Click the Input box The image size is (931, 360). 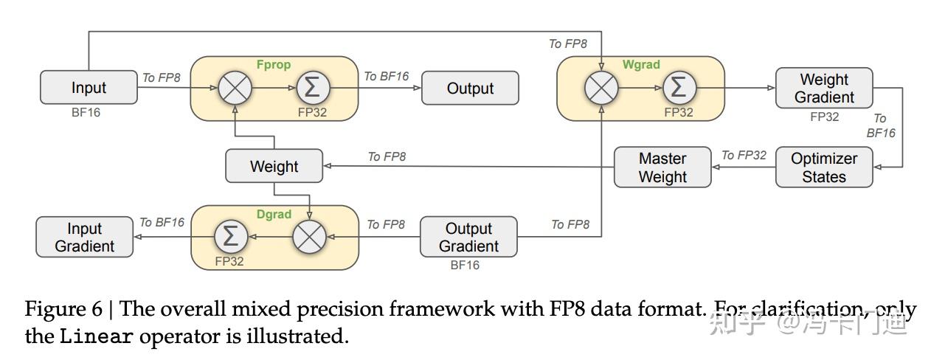click(89, 87)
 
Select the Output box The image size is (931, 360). click(470, 88)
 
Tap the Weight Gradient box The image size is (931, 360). click(824, 88)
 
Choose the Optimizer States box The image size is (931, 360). click(824, 167)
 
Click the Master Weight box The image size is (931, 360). click(662, 167)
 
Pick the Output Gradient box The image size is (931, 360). click(468, 237)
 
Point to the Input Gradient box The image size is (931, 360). click(85, 237)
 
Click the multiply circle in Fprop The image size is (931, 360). click(235, 88)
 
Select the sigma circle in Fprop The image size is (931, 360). click(313, 88)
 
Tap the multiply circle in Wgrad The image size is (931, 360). click(601, 88)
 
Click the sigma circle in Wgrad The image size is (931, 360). click(679, 88)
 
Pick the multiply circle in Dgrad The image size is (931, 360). click(309, 237)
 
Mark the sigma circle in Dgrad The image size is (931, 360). click(231, 237)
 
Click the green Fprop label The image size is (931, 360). click(274, 65)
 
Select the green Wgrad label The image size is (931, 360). click(640, 65)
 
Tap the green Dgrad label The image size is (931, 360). click(274, 215)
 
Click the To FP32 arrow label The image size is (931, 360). click(744, 155)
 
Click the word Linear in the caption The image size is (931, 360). click(97, 337)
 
